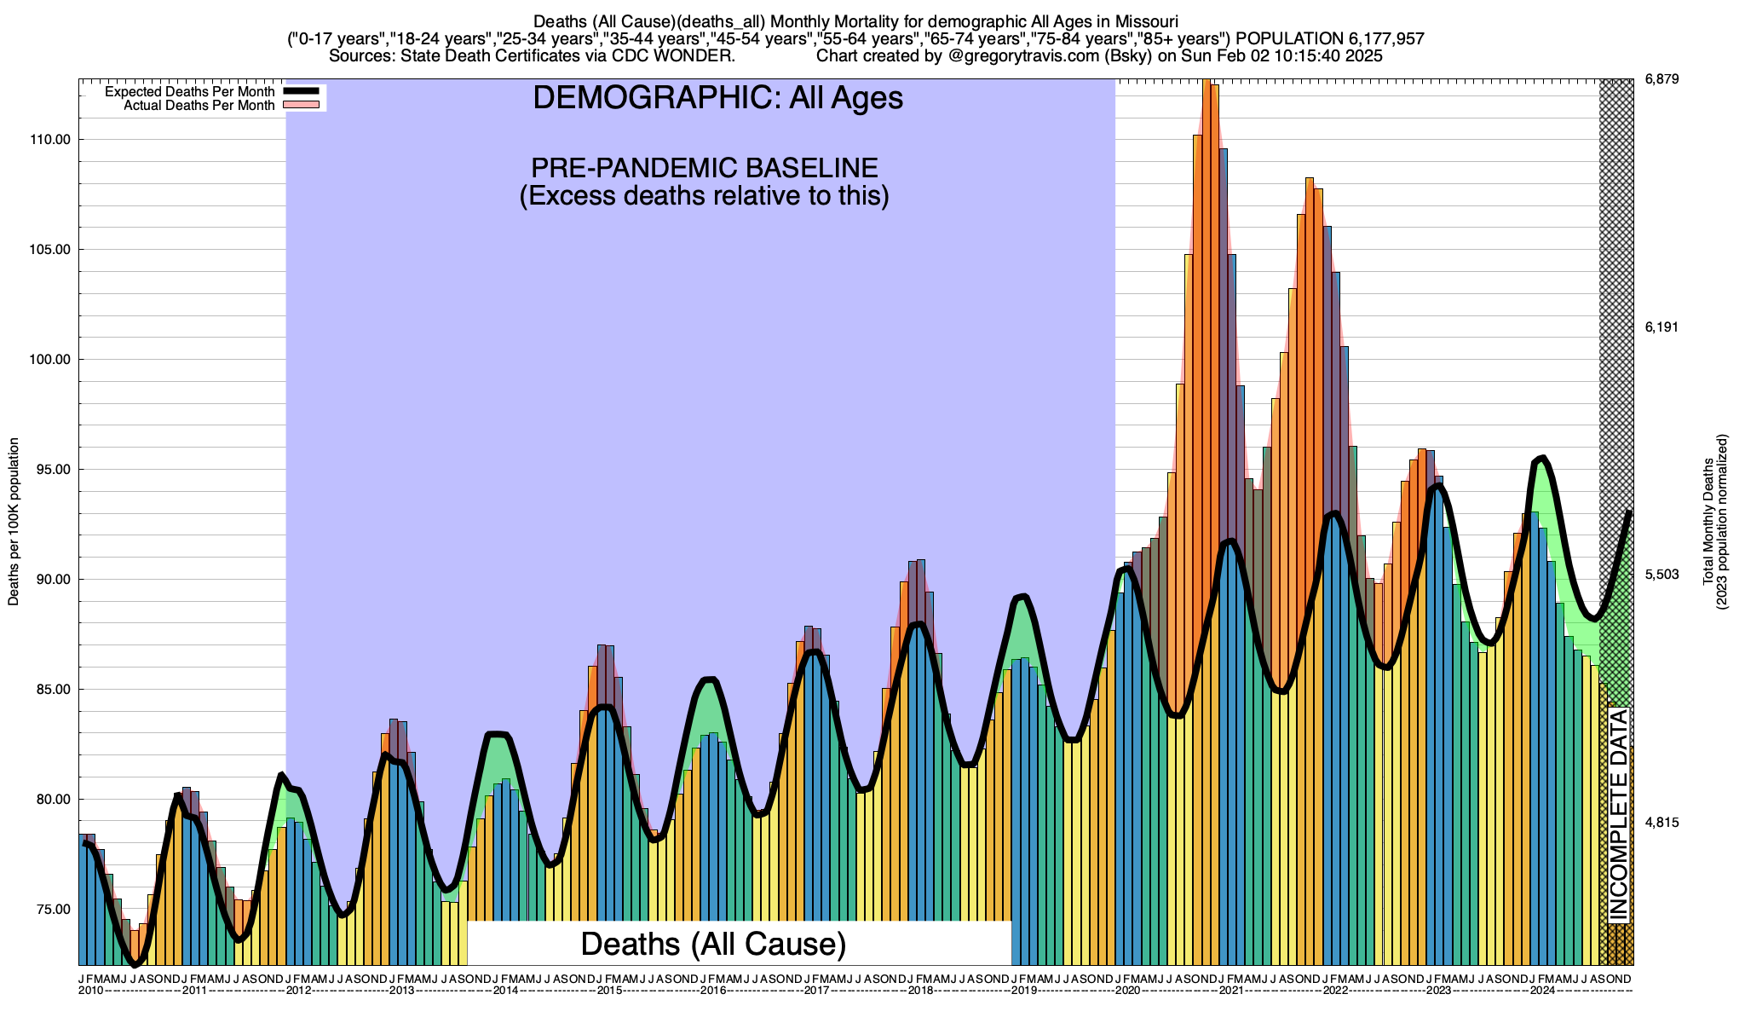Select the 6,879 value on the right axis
[1661, 80]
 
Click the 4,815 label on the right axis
[1661, 823]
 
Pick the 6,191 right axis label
[1661, 327]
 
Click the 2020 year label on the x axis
[1127, 991]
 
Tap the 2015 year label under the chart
[609, 991]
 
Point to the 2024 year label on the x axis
[1542, 991]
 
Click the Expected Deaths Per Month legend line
[301, 91]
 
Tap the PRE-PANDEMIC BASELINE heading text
[704, 167]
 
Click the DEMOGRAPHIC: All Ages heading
[717, 98]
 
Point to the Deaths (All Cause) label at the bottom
[713, 944]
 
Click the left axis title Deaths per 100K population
[14, 522]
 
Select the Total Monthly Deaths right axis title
[1708, 522]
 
